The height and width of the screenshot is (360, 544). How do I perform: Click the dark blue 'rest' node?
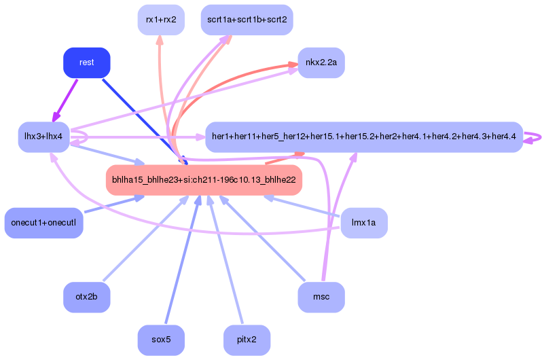[87, 62]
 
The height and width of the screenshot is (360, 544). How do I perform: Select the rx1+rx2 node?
[161, 20]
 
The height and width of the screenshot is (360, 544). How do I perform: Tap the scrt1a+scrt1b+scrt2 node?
[247, 20]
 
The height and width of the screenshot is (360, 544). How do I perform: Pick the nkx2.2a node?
[321, 62]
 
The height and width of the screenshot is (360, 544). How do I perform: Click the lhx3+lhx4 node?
[43, 137]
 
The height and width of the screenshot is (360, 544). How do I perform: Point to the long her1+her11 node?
[364, 137]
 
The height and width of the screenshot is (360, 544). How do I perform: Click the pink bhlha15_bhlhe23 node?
[204, 179]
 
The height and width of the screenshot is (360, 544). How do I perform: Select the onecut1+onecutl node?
[43, 223]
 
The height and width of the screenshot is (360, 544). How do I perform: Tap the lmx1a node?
[364, 223]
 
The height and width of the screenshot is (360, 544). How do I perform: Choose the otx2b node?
[87, 297]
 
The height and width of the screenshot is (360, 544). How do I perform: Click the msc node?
[321, 297]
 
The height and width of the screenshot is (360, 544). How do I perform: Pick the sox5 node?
[161, 340]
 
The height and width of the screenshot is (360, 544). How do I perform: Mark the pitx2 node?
[247, 340]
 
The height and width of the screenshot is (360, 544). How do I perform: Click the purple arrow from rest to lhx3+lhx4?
[65, 101]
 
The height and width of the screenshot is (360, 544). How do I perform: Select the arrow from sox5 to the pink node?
[183, 259]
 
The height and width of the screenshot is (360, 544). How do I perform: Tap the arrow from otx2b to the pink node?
[146, 238]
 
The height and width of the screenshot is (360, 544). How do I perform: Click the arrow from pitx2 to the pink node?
[225, 259]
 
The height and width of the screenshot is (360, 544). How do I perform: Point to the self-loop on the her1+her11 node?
[533, 138]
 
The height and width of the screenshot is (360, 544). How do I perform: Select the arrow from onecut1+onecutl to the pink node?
[114, 204]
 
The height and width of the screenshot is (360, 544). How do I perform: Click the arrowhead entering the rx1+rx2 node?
[160, 40]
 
